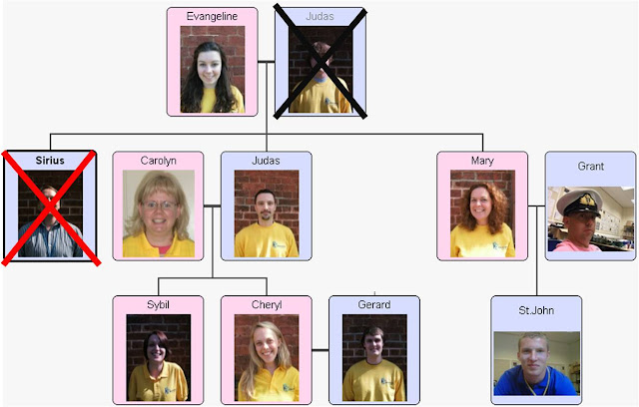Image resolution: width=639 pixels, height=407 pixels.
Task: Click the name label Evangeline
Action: pyautogui.click(x=212, y=17)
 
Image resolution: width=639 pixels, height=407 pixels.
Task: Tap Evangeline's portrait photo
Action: pyautogui.click(x=212, y=69)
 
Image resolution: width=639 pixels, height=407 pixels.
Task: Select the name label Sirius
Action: pyautogui.click(x=50, y=160)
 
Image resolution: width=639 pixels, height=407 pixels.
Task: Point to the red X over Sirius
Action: pyautogui.click(x=51, y=207)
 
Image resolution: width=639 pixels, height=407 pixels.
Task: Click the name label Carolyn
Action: pyautogui.click(x=158, y=161)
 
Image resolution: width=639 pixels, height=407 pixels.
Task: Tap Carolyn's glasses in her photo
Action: pyautogui.click(x=157, y=204)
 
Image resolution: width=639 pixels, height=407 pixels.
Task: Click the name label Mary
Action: pyautogui.click(x=482, y=161)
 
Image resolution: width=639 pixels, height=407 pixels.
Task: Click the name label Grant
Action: pyautogui.click(x=590, y=166)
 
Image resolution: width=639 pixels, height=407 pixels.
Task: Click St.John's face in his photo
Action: pyautogui.click(x=534, y=353)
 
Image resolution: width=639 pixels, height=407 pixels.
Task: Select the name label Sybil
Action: pyautogui.click(x=158, y=304)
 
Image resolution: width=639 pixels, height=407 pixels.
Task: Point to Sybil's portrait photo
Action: pyautogui.click(x=158, y=357)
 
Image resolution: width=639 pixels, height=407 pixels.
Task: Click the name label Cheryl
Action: pyautogui.click(x=266, y=304)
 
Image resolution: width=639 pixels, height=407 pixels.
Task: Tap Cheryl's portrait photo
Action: pyautogui.click(x=266, y=357)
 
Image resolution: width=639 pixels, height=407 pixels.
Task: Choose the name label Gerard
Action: pyautogui.click(x=374, y=304)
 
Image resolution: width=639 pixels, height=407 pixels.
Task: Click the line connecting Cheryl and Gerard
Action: pyautogui.click(x=319, y=350)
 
